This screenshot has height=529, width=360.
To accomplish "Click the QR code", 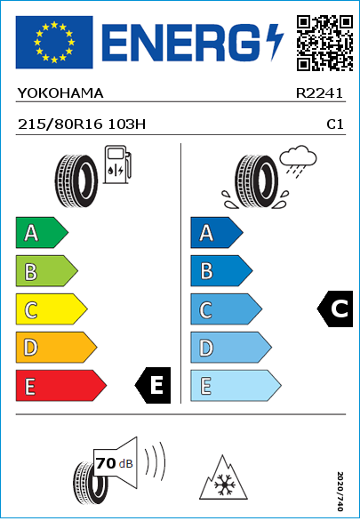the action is tap(324, 43).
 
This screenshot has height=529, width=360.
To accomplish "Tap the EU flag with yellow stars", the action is tap(54, 42).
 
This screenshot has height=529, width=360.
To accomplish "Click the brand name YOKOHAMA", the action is tap(60, 93).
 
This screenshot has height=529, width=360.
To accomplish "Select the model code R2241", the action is tap(319, 93).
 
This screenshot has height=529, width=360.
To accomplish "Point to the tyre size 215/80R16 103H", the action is tap(82, 124).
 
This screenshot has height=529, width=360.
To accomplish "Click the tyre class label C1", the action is tap(335, 124).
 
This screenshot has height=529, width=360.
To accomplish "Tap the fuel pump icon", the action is tap(117, 164).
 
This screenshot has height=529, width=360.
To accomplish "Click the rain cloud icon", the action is tap(298, 161).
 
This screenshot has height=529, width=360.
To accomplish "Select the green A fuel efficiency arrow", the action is tap(42, 232).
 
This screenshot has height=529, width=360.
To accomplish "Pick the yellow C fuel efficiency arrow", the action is tap(52, 309).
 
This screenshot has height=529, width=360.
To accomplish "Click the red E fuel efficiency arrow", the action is tap(60, 386).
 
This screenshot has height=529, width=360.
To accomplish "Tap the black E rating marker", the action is tap(153, 385).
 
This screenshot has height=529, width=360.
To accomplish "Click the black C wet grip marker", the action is tap(335, 309).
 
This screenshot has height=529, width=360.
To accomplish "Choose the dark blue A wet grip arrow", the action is tap(217, 232).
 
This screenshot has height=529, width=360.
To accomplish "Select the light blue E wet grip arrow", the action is tap(236, 386).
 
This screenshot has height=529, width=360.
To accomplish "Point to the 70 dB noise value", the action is tap(114, 463).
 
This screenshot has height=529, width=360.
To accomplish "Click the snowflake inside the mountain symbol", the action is tap(223, 485).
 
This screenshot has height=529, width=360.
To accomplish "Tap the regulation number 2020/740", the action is tap(340, 491).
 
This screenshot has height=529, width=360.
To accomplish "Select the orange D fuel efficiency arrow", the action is tap(56, 347).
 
